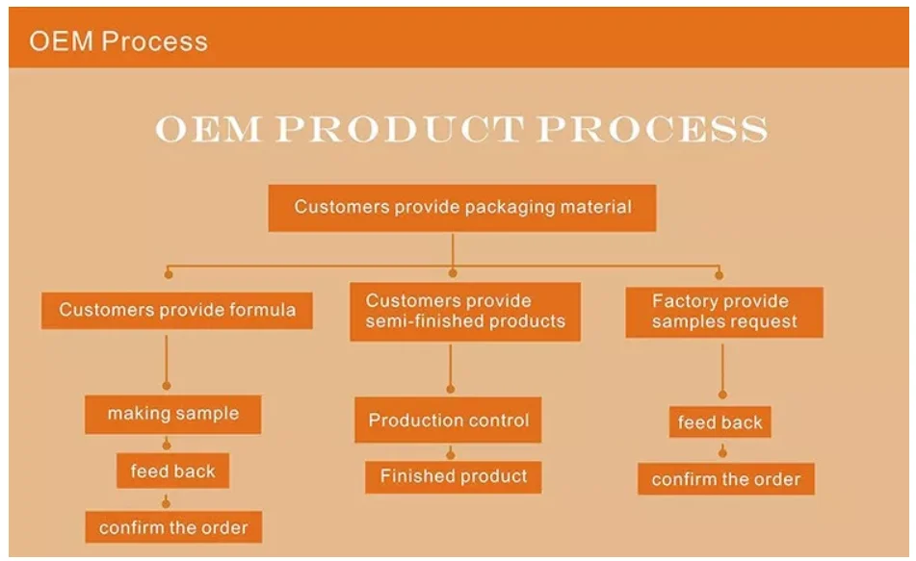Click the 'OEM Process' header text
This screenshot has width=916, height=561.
point(118,41)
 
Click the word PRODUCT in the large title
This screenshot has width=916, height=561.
point(399,128)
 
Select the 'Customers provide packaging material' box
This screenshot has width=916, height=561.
point(462,207)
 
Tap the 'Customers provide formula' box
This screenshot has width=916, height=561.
point(177,310)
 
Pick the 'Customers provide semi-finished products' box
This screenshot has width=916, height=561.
point(464,311)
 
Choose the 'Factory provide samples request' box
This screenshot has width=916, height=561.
point(724,311)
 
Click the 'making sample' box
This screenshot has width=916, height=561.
point(172,414)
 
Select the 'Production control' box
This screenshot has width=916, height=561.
point(448,420)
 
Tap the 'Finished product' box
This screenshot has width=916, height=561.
point(453,476)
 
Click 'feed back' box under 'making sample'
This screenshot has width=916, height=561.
point(173,472)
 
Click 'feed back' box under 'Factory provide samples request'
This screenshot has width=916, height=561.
point(720,422)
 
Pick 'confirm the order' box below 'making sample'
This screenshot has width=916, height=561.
point(173,527)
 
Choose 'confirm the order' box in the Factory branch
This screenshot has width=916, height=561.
point(725,479)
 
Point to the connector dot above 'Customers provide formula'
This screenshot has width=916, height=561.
point(169,274)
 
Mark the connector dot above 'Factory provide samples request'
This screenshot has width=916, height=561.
point(719,274)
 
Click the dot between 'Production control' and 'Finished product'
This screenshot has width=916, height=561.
point(450,453)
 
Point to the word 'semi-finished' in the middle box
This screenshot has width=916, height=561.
point(415,321)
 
